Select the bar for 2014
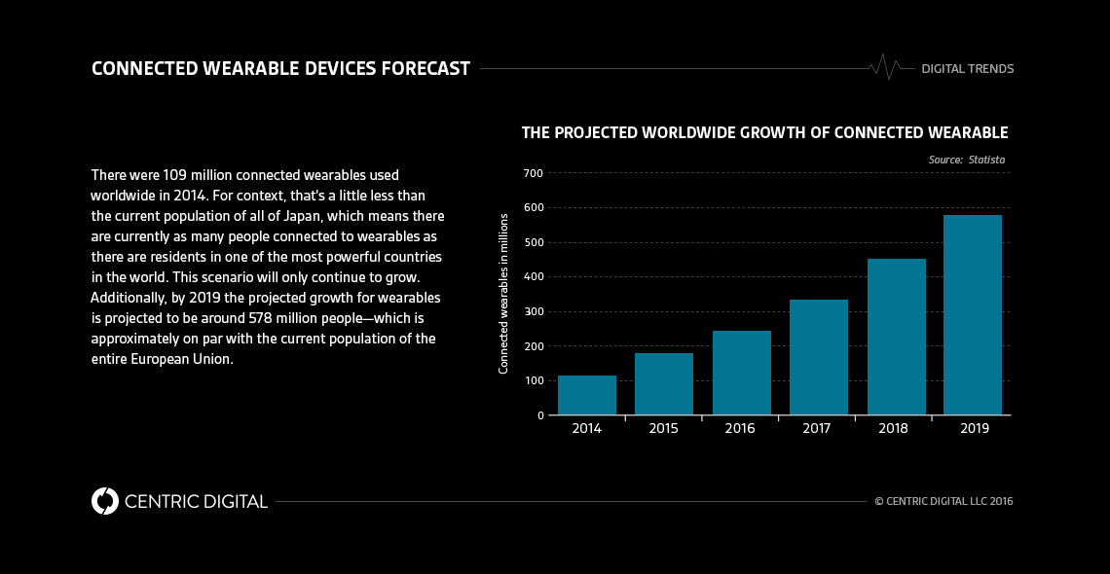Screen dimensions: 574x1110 [x=586, y=395]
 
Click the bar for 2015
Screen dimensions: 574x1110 [x=663, y=384]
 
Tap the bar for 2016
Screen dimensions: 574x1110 [x=741, y=373]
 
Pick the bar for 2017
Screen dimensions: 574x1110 [x=818, y=357]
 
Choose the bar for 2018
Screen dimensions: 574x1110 [x=896, y=337]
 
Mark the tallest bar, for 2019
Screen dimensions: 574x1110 [x=972, y=315]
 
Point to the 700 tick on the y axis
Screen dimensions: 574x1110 [x=532, y=173]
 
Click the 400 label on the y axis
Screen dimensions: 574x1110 [x=532, y=277]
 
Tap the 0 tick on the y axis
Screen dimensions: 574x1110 [x=538, y=415]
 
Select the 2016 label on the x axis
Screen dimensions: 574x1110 [x=740, y=429]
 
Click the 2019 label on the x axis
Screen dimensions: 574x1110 [x=973, y=429]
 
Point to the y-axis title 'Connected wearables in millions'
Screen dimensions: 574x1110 [x=503, y=293]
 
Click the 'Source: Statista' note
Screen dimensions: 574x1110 [x=966, y=160]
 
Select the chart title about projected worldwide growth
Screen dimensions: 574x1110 [x=764, y=132]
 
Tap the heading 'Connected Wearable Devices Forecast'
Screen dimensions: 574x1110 [x=280, y=68]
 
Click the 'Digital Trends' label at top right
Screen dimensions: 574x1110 [x=967, y=69]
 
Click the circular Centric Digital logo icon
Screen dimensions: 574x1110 [x=104, y=501]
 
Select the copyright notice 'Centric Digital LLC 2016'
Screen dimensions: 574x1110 [x=943, y=502]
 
